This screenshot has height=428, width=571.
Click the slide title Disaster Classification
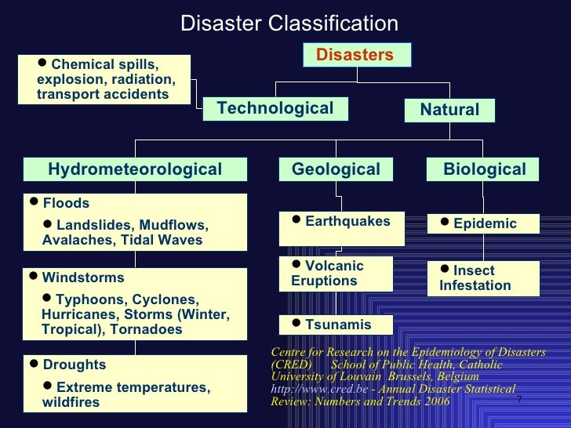click(x=289, y=24)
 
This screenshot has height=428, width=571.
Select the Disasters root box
click(x=355, y=54)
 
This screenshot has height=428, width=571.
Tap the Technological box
click(x=275, y=108)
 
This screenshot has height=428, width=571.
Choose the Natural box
click(x=449, y=110)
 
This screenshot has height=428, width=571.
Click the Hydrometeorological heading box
click(x=135, y=169)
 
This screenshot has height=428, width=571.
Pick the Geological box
click(x=336, y=169)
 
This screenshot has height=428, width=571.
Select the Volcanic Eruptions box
click(x=336, y=274)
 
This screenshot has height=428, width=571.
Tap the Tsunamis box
click(x=336, y=325)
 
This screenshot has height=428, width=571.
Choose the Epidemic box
click(x=483, y=224)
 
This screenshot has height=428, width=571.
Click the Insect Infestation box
click(x=483, y=277)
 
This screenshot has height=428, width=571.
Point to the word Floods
click(x=66, y=204)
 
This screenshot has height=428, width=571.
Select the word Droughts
click(x=74, y=365)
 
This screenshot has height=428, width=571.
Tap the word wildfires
click(x=71, y=403)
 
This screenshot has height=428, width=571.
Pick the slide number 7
click(x=519, y=401)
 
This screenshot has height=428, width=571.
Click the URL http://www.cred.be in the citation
click(x=307, y=389)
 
